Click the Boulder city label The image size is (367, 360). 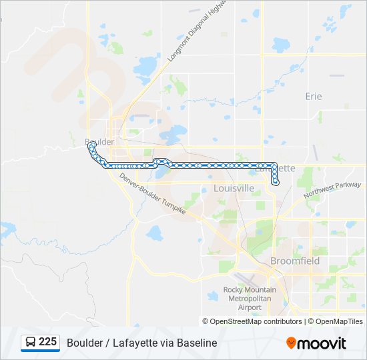[x=99, y=142]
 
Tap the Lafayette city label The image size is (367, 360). [x=276, y=168]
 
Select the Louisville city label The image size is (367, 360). [x=234, y=188]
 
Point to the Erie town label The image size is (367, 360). [x=313, y=96]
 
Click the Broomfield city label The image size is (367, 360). [x=295, y=261]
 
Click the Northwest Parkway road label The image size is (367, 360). [x=332, y=191]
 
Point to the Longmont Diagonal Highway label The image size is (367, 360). [x=198, y=31]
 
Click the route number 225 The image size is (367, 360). [x=47, y=342]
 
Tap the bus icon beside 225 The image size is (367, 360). [x=31, y=343]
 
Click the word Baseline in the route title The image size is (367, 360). [x=197, y=343]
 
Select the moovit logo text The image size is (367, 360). [x=322, y=343]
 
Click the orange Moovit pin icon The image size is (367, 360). [x=291, y=343]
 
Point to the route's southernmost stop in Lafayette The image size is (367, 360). [x=276, y=182]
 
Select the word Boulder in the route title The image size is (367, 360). [x=84, y=343]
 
